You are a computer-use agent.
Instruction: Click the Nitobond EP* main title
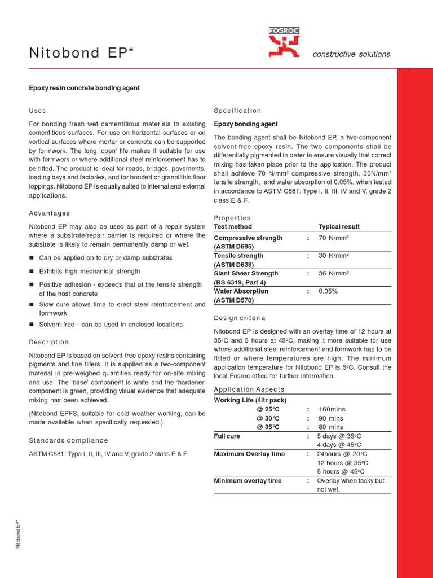[81, 54]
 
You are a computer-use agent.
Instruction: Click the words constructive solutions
[351, 54]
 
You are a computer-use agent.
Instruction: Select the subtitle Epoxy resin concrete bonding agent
[84, 88]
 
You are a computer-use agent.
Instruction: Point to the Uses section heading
[38, 111]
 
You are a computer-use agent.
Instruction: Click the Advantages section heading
[50, 213]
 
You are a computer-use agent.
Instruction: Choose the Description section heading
[49, 342]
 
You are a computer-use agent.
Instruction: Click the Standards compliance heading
[68, 440]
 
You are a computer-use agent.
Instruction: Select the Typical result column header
[339, 227]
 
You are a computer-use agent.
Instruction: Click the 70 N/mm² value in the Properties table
[334, 238]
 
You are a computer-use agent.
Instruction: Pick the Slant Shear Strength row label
[246, 274]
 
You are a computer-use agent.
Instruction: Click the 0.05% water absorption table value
[328, 291]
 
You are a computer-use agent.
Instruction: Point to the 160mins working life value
[333, 409]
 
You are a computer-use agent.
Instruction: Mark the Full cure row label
[227, 436]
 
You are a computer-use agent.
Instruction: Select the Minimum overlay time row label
[248, 481]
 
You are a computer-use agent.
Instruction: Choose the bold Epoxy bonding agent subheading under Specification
[246, 124]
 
